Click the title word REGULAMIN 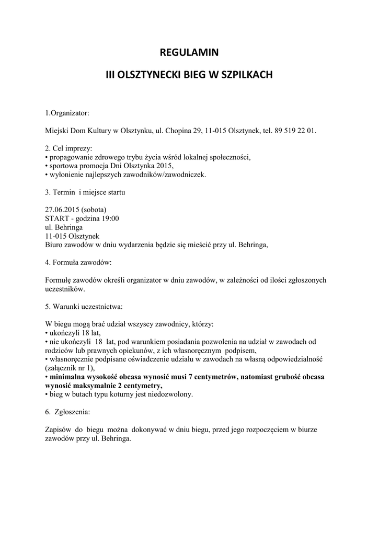[x=189, y=52]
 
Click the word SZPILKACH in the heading [x=247, y=75]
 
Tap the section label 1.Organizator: [x=67, y=112]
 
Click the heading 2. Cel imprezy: [x=68, y=149]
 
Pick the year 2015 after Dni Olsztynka [x=156, y=166]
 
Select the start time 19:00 [x=110, y=218]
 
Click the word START [x=56, y=218]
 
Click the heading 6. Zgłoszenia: [x=68, y=412]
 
